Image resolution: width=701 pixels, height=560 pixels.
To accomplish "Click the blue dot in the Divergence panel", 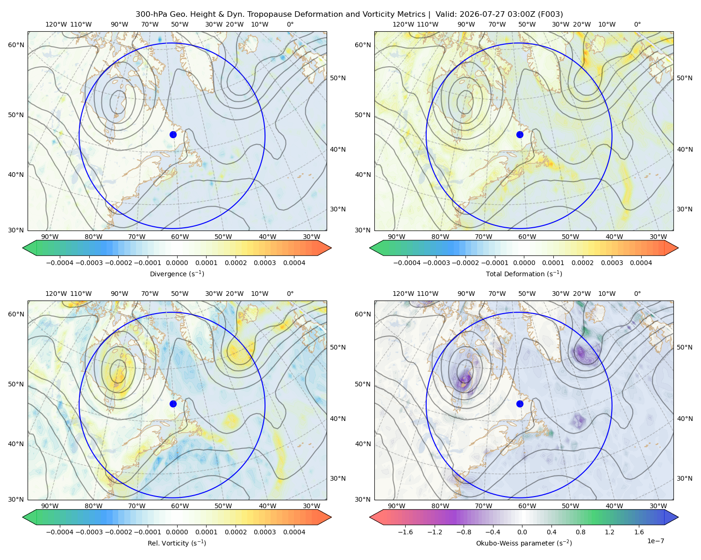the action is pyautogui.click(x=173, y=135).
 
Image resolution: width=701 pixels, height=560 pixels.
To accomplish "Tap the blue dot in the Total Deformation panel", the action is pyautogui.click(x=520, y=135).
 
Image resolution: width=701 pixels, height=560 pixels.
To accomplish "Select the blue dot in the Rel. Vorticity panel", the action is pyautogui.click(x=173, y=404).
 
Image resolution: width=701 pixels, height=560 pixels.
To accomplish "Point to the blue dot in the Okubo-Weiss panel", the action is pyautogui.click(x=520, y=404).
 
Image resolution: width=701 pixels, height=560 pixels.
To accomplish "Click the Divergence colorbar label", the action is pyautogui.click(x=177, y=274).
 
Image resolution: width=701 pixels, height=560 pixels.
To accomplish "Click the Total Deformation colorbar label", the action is pyautogui.click(x=524, y=274).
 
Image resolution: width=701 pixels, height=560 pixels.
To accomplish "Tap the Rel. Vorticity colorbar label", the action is pyautogui.click(x=177, y=543).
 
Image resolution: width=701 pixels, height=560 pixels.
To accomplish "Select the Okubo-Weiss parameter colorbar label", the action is pyautogui.click(x=524, y=543).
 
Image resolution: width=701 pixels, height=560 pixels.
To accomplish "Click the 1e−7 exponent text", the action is pyautogui.click(x=655, y=541).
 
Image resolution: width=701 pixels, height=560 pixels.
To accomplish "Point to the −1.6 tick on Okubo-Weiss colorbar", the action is pyautogui.click(x=405, y=532).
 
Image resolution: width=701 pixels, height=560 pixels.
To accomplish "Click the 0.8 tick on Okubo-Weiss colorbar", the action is pyautogui.click(x=580, y=532).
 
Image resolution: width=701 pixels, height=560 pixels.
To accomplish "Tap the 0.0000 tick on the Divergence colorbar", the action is pyautogui.click(x=177, y=263).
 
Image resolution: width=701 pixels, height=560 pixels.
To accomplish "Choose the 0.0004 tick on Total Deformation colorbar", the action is pyautogui.click(x=641, y=263).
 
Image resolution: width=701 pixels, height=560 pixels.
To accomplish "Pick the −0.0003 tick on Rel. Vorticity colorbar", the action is pyautogui.click(x=89, y=532).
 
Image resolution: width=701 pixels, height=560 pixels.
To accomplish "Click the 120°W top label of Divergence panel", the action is pyautogui.click(x=56, y=24).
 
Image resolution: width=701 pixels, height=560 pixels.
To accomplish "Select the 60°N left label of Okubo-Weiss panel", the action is pyautogui.click(x=363, y=315).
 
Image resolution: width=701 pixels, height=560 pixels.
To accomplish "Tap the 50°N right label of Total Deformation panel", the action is pyautogui.click(x=685, y=78).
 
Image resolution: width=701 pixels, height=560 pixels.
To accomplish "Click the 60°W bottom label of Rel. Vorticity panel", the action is pyautogui.click(x=180, y=506).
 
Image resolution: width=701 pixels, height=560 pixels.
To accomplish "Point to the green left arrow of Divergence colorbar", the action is pyautogui.click(x=29, y=248).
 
